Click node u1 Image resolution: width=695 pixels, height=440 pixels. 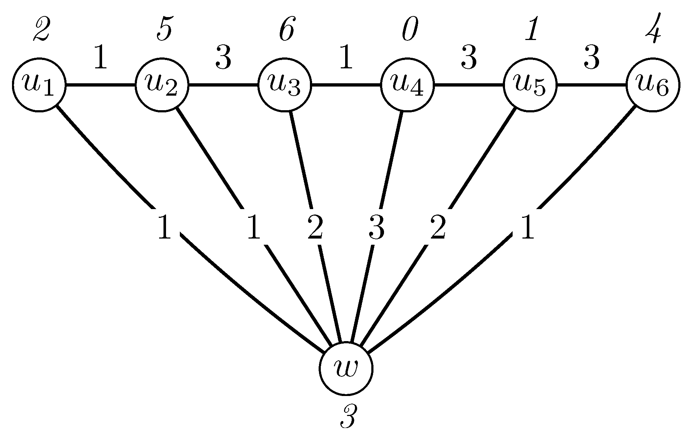coord(39,85)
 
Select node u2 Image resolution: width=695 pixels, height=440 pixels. coord(162,85)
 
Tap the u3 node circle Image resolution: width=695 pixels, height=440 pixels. coord(284,85)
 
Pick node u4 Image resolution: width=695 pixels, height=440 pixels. coord(407,85)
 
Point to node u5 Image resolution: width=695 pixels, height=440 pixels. coord(530,85)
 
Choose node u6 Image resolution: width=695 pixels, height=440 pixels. coord(653,85)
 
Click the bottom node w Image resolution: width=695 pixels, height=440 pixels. coord(346,368)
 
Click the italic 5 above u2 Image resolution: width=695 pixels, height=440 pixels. coord(164,31)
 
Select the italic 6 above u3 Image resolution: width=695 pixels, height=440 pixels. coord(287,31)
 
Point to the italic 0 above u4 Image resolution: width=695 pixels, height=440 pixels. coord(410,31)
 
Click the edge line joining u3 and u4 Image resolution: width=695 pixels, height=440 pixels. coord(346,86)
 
